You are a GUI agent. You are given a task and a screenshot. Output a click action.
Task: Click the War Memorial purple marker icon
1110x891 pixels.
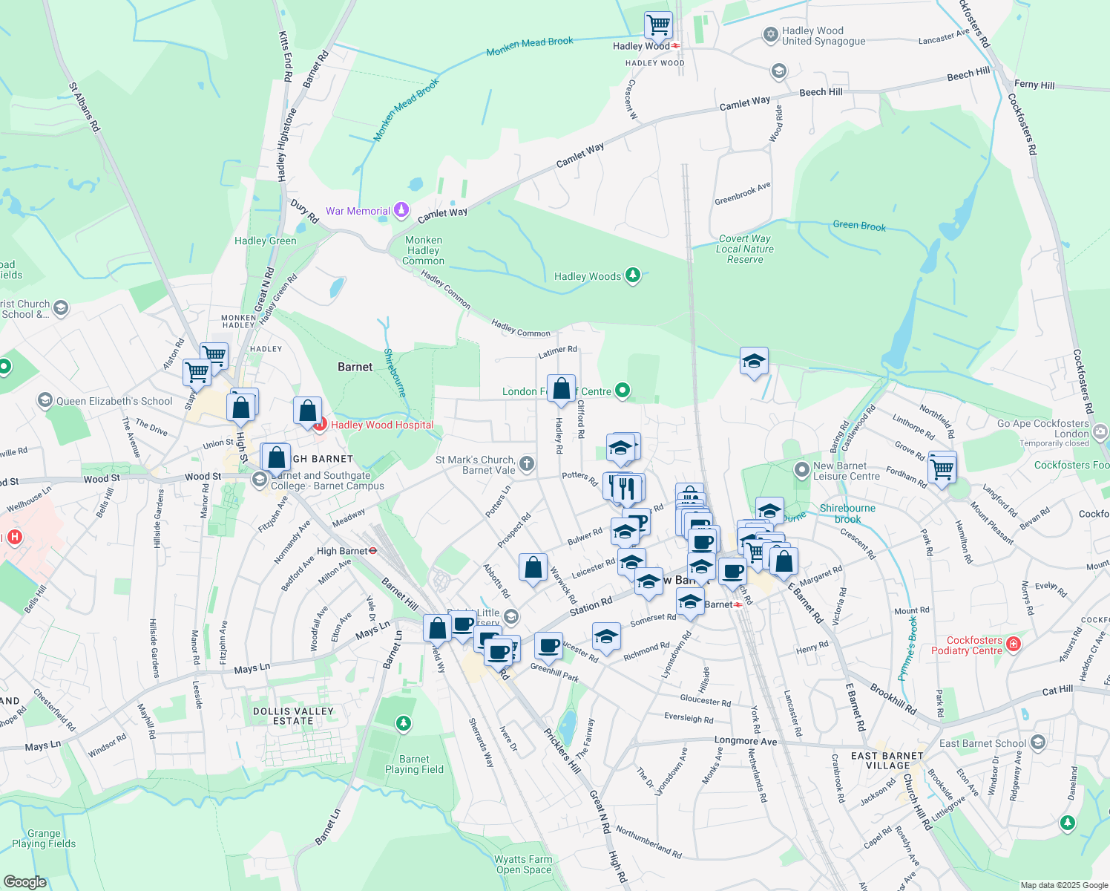(401, 210)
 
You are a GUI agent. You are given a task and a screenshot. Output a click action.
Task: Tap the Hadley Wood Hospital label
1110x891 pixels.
(382, 425)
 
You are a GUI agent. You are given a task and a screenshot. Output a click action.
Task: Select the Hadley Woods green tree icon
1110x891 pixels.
(632, 275)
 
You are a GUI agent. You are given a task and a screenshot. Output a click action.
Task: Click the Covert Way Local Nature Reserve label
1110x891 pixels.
(745, 249)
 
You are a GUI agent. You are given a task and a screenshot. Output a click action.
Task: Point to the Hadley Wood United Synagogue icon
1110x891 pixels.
(770, 35)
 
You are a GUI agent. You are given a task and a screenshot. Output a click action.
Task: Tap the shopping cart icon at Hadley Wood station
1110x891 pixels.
(658, 25)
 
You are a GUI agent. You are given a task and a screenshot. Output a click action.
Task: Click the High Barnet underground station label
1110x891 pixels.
(342, 551)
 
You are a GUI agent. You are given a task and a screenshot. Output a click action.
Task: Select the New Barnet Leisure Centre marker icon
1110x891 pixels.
(801, 469)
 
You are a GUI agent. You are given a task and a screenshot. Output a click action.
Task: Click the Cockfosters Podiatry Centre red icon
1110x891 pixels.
(1014, 644)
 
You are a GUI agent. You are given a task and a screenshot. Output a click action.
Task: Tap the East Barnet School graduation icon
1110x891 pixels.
(1037, 742)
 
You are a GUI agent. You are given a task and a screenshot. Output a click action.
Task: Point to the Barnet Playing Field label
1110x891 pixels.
(414, 764)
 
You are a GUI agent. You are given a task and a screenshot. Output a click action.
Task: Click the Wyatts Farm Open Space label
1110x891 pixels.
(524, 864)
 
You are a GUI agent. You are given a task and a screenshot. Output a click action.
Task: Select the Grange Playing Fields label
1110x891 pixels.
(44, 838)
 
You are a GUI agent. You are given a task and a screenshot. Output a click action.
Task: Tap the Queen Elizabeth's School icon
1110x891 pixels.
(45, 401)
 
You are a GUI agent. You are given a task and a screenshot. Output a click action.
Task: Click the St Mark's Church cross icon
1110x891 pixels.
(526, 465)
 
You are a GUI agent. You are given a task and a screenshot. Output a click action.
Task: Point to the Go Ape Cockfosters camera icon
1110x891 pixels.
(1100, 431)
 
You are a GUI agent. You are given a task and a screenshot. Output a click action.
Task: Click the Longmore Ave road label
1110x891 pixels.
(746, 741)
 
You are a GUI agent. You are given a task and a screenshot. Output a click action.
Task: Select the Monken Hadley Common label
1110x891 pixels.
(424, 250)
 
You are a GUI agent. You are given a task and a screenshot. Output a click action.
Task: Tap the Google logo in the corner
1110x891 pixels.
(24, 882)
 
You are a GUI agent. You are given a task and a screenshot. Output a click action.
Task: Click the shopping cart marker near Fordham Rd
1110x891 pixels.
(942, 468)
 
